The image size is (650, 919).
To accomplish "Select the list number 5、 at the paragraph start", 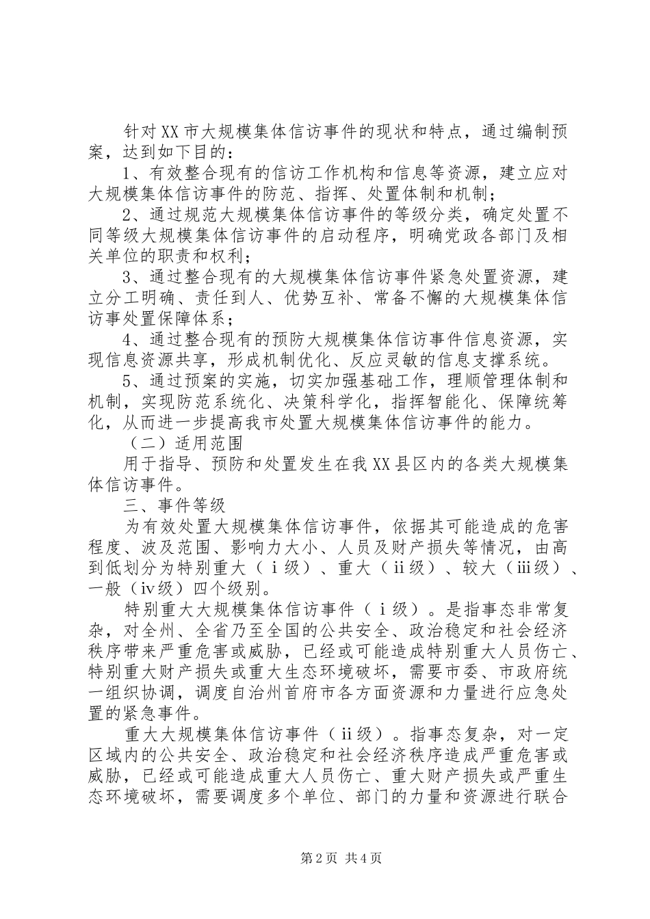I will [131, 382].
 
